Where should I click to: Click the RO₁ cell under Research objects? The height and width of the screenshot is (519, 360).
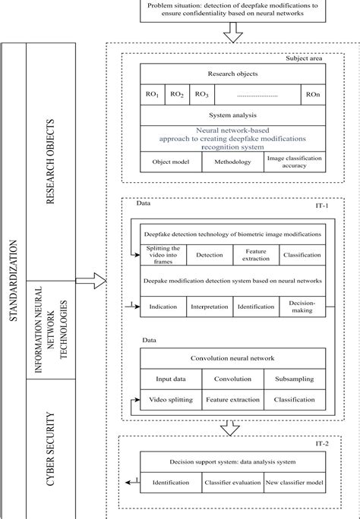click(x=153, y=94)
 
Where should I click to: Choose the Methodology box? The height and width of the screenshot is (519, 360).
click(x=232, y=162)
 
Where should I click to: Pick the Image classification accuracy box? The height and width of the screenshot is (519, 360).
click(x=295, y=162)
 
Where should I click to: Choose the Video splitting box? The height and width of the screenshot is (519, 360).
click(x=171, y=399)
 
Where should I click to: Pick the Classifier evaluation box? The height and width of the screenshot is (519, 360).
click(x=232, y=482)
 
